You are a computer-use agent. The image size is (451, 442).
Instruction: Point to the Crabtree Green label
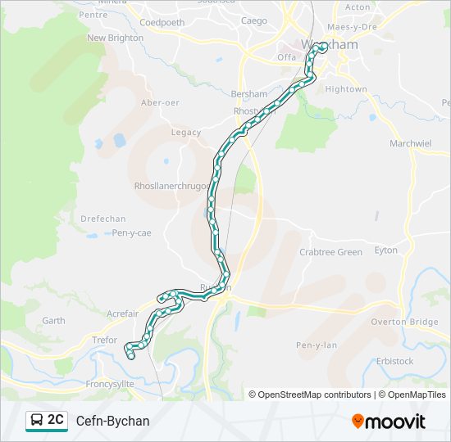point(330,252)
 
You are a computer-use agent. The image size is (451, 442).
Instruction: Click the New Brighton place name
point(115,38)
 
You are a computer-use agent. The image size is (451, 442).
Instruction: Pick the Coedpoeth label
point(162,22)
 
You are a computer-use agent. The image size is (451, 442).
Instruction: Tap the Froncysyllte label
point(116,383)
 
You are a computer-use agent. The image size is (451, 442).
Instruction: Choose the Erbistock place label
point(394,361)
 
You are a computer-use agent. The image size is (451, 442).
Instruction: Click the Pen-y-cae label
point(132,233)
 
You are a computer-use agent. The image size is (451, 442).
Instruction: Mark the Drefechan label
point(103,219)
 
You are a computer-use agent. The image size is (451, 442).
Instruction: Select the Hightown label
point(346,88)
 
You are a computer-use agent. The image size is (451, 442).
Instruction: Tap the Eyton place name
point(385,250)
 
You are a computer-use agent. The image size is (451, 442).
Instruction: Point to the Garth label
point(53,321)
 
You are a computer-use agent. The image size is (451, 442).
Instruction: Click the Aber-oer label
point(161,102)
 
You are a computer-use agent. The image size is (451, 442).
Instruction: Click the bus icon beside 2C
point(37,421)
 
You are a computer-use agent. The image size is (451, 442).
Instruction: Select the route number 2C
point(56,420)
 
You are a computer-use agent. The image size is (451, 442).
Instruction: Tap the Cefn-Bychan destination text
point(113,421)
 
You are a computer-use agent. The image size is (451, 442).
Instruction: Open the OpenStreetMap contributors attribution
point(313,395)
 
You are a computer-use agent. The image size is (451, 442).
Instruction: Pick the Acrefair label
point(122,313)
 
